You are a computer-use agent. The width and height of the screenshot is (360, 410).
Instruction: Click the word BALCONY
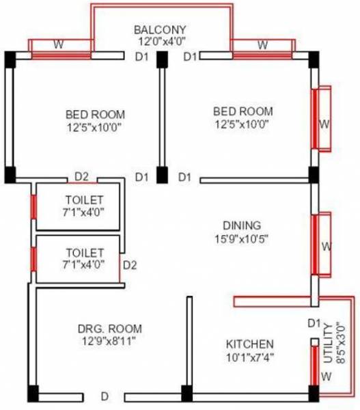[160, 30]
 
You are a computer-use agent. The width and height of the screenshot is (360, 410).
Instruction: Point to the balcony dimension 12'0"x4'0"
[160, 42]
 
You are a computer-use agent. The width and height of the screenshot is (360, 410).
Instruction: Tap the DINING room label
[241, 225]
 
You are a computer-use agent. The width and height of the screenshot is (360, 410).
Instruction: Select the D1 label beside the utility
[314, 323]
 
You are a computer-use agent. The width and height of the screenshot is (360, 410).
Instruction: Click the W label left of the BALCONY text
[59, 45]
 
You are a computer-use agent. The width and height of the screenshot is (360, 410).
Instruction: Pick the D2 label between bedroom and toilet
[81, 177]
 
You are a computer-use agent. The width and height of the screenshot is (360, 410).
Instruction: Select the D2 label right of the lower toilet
[130, 265]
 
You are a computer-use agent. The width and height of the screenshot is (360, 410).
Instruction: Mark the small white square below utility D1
[314, 341]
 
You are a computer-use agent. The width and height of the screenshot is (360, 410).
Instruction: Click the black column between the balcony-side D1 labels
[162, 59]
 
